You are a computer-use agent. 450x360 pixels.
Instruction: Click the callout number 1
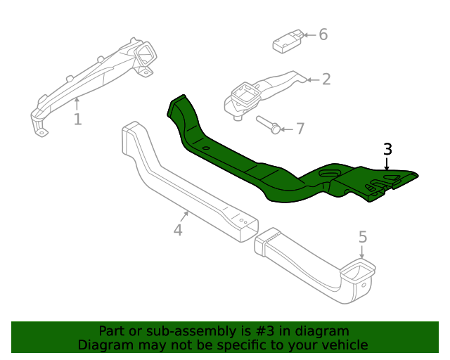[77, 120]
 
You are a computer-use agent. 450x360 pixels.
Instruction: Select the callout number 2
[326, 79]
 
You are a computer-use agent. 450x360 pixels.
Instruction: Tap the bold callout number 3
[387, 149]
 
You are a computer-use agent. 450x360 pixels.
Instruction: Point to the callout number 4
[178, 230]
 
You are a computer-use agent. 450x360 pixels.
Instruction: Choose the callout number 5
[363, 238]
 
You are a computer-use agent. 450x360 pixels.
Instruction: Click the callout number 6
[323, 34]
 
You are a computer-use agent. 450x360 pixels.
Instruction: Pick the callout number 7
[300, 129]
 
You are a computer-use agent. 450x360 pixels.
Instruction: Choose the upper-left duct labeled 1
[98, 77]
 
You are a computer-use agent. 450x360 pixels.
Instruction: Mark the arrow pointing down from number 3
[387, 164]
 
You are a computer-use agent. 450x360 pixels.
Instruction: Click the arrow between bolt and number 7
[286, 129]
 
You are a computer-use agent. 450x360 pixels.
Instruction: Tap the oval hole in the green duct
[328, 172]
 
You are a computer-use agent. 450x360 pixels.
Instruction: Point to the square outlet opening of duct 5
[359, 268]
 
